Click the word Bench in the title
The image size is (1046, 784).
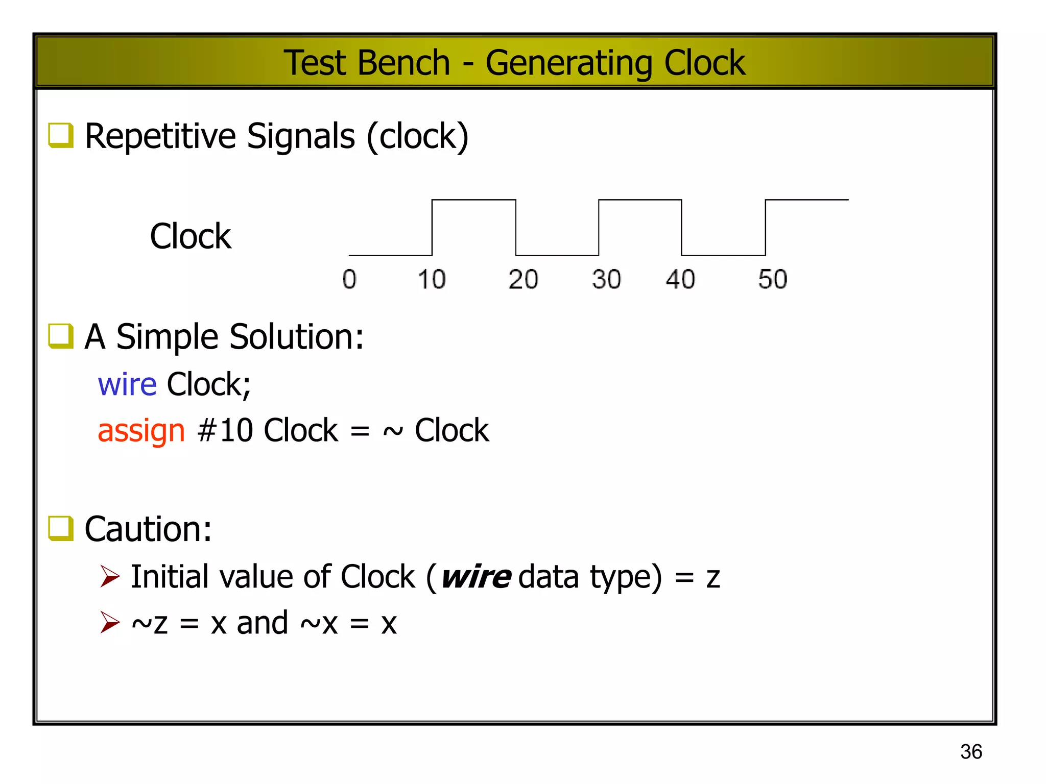click(403, 63)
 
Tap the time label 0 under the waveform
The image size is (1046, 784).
click(349, 279)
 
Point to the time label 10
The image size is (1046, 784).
click(432, 279)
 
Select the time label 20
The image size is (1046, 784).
click(523, 279)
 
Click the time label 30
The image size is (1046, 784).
click(606, 279)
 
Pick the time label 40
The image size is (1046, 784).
click(680, 279)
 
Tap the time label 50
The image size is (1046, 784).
click(772, 279)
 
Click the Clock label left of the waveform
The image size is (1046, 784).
click(191, 236)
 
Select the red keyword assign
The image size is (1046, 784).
click(141, 430)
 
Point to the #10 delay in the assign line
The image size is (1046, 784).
click(225, 430)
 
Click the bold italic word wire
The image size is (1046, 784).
click(476, 577)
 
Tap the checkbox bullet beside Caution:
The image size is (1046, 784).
click(61, 528)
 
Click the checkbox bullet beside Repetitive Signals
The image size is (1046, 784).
click(61, 135)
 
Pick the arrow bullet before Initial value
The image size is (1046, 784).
click(110, 577)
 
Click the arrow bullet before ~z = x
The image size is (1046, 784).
click(110, 623)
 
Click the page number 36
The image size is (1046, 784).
click(971, 752)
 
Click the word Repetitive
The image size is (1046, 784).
click(160, 136)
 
